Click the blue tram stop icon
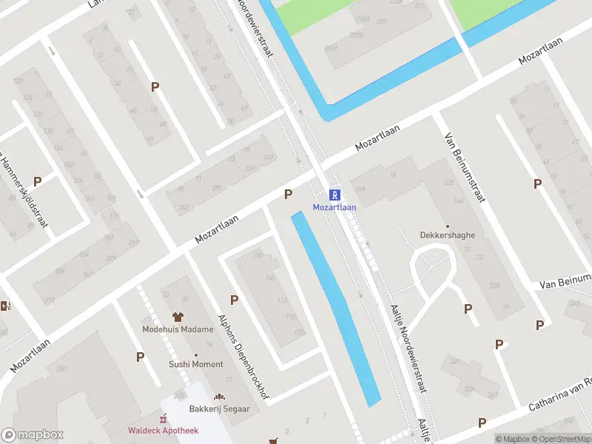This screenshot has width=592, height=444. tap(334, 195)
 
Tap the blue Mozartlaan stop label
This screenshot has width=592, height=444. tap(334, 207)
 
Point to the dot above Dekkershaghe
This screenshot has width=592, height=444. tap(447, 226)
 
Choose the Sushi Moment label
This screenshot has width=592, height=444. tap(196, 364)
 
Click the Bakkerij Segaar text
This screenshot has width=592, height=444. tap(220, 409)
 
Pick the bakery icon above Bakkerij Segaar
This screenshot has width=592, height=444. tap(220, 398)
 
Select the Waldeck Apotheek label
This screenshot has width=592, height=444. tap(163, 431)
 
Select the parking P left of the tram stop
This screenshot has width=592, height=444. tap(289, 194)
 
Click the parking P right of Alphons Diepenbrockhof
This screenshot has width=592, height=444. tap(234, 300)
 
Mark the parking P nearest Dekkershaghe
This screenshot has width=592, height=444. tap(468, 309)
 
